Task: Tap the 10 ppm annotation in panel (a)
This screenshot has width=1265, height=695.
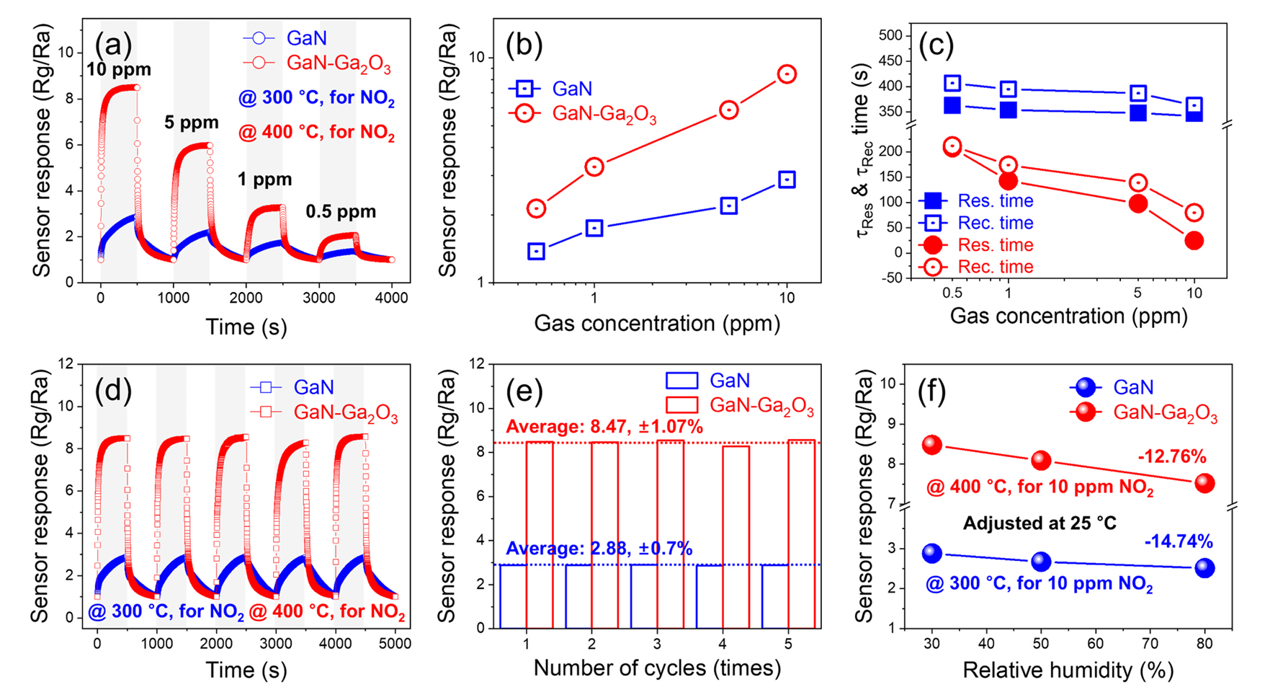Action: pos(119,70)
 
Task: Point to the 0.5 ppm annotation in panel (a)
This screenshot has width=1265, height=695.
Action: pos(341,212)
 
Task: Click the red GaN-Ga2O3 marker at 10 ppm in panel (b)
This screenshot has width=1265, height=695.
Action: pos(787,74)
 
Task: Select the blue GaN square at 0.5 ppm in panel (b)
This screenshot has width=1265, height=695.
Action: pos(536,252)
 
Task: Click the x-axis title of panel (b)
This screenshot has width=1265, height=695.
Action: pos(657,324)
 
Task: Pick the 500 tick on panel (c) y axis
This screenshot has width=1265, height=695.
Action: pos(890,35)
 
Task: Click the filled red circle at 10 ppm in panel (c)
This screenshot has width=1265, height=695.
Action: pos(1194,241)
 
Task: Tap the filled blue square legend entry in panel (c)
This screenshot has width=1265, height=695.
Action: pos(932,201)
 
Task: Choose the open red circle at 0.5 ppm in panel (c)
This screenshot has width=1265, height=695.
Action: pos(952,146)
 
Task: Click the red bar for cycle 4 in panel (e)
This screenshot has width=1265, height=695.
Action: pos(736,536)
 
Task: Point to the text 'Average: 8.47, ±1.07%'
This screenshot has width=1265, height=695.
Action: pos(604,428)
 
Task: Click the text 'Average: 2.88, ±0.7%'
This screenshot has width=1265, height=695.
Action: pos(599,549)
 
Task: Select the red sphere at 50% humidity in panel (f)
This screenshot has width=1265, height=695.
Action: pos(1041,460)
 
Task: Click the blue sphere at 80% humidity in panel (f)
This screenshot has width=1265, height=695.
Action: pos(1204,568)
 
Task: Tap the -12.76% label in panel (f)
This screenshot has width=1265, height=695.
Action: pos(1171,456)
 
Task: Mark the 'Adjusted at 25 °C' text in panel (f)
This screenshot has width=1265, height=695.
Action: pos(1040,523)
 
